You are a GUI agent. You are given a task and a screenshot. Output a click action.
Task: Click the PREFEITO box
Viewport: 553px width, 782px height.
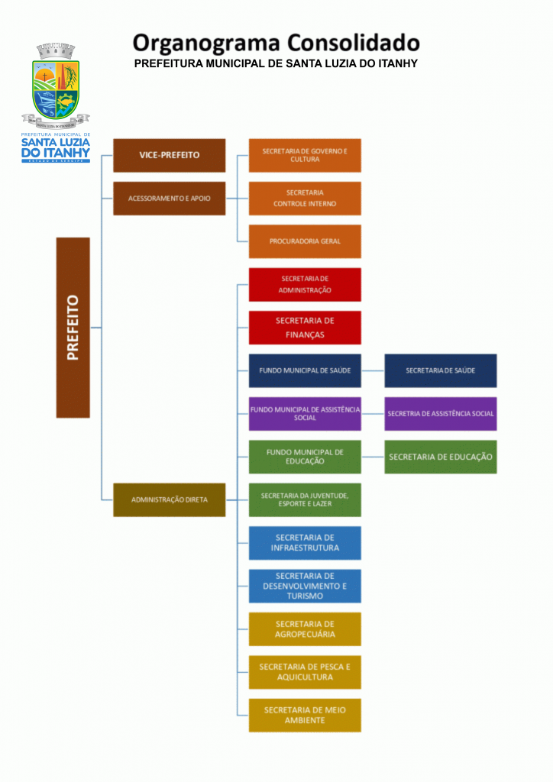pyautogui.click(x=73, y=327)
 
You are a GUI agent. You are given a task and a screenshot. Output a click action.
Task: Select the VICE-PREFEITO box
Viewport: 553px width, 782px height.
pyautogui.click(x=169, y=155)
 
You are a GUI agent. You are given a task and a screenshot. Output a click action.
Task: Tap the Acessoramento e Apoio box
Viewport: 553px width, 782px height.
pyautogui.click(x=169, y=198)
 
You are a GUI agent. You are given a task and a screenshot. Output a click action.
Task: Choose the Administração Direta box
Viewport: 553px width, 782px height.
pyautogui.click(x=169, y=499)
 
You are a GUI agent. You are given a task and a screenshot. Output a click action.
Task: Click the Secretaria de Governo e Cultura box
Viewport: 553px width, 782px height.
pyautogui.click(x=305, y=155)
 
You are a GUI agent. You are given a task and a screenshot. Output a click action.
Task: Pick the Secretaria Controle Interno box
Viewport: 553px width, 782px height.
pyautogui.click(x=305, y=198)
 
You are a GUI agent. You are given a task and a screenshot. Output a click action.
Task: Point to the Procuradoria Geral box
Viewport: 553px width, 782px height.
pyautogui.click(x=305, y=241)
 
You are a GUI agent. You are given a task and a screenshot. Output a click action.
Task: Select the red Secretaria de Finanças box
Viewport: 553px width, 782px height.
pyautogui.click(x=305, y=328)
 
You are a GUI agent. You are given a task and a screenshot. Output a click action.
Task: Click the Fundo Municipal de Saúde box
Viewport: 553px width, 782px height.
pyautogui.click(x=305, y=370)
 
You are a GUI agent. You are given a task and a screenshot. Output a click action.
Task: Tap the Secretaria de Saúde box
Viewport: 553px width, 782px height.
pyautogui.click(x=440, y=370)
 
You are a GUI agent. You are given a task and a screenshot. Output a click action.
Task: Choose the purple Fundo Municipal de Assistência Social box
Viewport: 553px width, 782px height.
pyautogui.click(x=305, y=413)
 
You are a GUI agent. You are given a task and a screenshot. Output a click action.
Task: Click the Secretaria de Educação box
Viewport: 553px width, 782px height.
pyautogui.click(x=440, y=457)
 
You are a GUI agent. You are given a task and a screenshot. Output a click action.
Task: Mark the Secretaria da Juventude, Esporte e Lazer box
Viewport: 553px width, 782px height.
pyautogui.click(x=305, y=499)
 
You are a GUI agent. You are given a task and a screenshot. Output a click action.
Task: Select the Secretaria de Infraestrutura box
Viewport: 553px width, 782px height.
pyautogui.click(x=305, y=543)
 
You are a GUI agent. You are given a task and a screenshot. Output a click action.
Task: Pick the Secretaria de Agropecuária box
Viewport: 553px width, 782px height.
pyautogui.click(x=305, y=629)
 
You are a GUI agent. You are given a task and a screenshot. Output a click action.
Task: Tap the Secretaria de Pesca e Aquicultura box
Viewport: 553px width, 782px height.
pyautogui.click(x=305, y=672)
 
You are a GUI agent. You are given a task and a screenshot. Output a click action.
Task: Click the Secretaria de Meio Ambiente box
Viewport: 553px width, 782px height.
pyautogui.click(x=305, y=715)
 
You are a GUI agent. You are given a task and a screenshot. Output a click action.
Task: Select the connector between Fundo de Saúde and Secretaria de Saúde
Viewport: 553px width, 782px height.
pyautogui.click(x=373, y=370)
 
